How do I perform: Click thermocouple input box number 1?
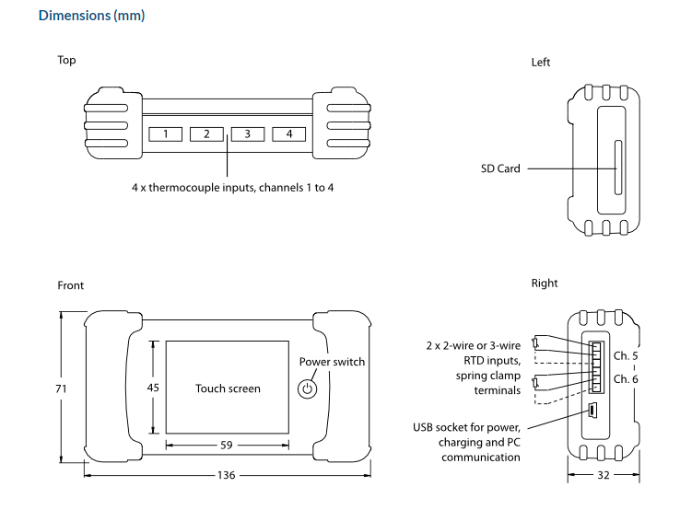166,134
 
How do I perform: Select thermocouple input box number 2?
207,134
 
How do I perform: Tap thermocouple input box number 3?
248,134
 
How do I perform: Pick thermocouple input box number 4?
288,134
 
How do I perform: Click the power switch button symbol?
309,389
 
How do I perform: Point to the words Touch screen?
228,388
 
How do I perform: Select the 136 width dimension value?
227,476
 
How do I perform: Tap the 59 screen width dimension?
227,446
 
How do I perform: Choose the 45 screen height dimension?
153,388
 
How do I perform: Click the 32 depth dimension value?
604,476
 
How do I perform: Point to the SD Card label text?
500,168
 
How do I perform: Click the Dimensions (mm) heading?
91,16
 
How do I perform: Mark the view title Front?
71,285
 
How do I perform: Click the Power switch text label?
332,362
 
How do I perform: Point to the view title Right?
545,284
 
